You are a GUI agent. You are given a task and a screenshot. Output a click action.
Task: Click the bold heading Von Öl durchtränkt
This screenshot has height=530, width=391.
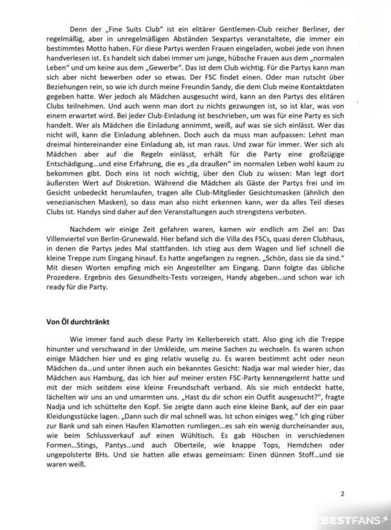77,322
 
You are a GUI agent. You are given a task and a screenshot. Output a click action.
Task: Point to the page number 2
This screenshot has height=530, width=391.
342,494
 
